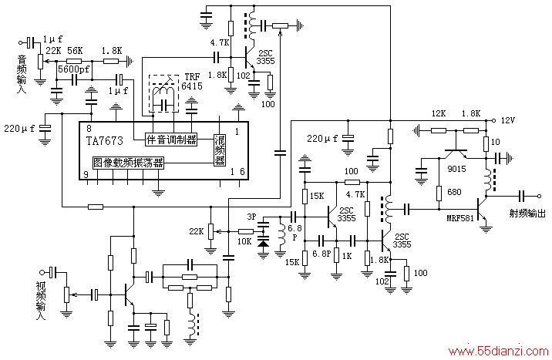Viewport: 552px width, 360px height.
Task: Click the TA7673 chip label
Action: [105, 141]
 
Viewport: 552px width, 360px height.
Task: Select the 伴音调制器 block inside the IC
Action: [171, 140]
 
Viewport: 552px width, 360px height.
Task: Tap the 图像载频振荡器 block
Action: [129, 163]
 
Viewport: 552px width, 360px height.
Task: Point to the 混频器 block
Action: [220, 150]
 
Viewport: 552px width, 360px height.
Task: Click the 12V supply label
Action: [507, 120]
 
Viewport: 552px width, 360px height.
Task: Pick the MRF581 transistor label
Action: [460, 218]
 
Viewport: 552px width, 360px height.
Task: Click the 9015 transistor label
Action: [456, 169]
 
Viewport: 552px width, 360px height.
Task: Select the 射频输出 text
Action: [527, 213]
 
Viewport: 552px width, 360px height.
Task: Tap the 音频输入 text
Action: [22, 74]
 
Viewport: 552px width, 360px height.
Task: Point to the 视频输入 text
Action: [41, 301]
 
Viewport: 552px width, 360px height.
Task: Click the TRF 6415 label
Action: [192, 82]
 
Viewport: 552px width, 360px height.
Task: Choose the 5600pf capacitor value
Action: [73, 69]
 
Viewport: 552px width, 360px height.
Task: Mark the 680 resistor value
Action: [454, 192]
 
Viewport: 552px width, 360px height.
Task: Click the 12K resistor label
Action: [439, 113]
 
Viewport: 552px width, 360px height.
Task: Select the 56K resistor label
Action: [75, 51]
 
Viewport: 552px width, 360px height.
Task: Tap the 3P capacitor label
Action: [251, 217]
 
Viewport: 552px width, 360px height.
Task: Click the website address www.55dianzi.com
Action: [499, 352]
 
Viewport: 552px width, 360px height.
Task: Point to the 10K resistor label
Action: [244, 241]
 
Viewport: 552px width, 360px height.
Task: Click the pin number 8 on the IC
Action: [89, 129]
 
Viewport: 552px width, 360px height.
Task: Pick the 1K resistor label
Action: [347, 256]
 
